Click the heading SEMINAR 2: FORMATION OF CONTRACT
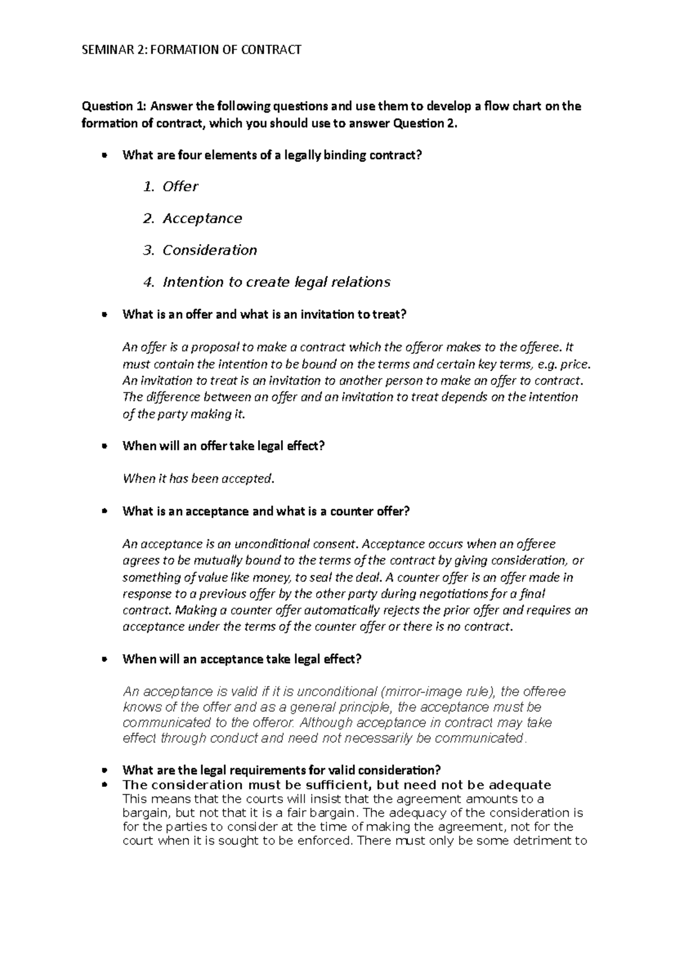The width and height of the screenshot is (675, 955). [191, 50]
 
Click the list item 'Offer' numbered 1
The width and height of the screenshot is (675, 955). [180, 187]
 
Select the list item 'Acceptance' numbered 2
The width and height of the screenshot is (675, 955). [202, 219]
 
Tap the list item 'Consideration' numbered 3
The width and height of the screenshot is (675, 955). [209, 250]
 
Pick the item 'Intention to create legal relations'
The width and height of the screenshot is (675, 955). [276, 282]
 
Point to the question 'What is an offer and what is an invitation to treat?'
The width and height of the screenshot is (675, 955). [264, 315]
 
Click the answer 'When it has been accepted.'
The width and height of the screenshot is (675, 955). [198, 479]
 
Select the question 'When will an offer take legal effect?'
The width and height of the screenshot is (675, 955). [223, 446]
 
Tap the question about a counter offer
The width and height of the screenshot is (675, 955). [266, 512]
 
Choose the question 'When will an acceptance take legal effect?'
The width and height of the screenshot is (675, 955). [242, 659]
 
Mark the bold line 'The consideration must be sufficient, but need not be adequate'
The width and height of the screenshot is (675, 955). [336, 785]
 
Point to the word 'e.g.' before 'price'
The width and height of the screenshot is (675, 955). [546, 364]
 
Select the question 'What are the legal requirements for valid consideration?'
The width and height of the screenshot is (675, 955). [281, 770]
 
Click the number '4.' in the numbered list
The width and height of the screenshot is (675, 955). [148, 282]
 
